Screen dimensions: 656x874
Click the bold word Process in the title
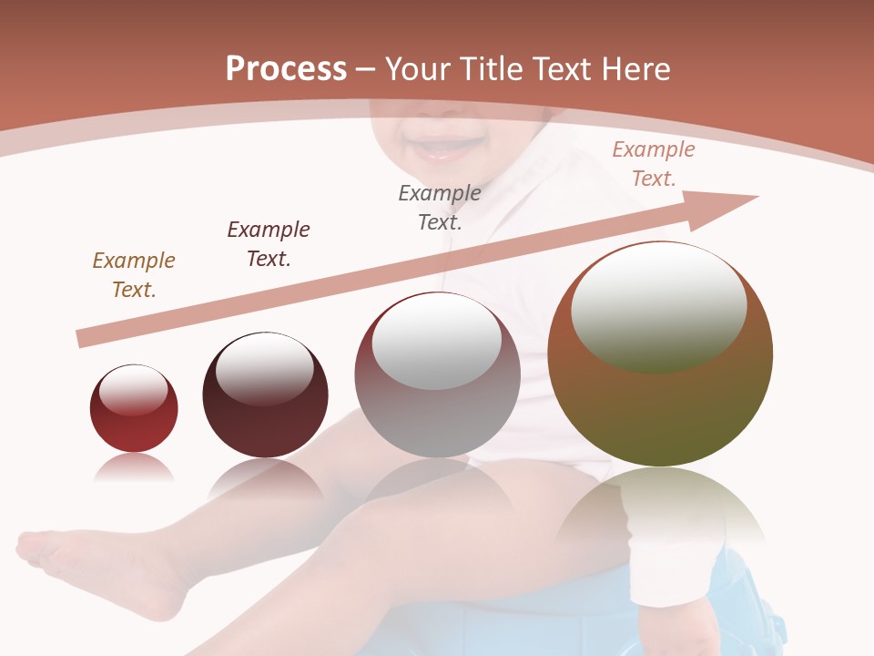[x=286, y=69]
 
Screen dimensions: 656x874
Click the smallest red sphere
[x=134, y=408]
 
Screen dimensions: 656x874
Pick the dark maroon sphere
[x=265, y=395]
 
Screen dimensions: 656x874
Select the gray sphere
[x=437, y=375]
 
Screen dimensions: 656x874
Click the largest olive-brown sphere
[x=660, y=354]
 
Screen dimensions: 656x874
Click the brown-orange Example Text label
[x=134, y=275]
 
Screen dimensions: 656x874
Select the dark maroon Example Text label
[x=269, y=244]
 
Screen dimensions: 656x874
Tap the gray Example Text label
[x=440, y=207]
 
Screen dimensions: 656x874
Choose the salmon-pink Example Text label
[x=654, y=164]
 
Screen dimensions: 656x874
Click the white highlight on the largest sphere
[x=658, y=306]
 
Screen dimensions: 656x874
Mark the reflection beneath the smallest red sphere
[x=134, y=468]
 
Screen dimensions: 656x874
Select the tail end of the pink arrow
[x=84, y=339]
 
